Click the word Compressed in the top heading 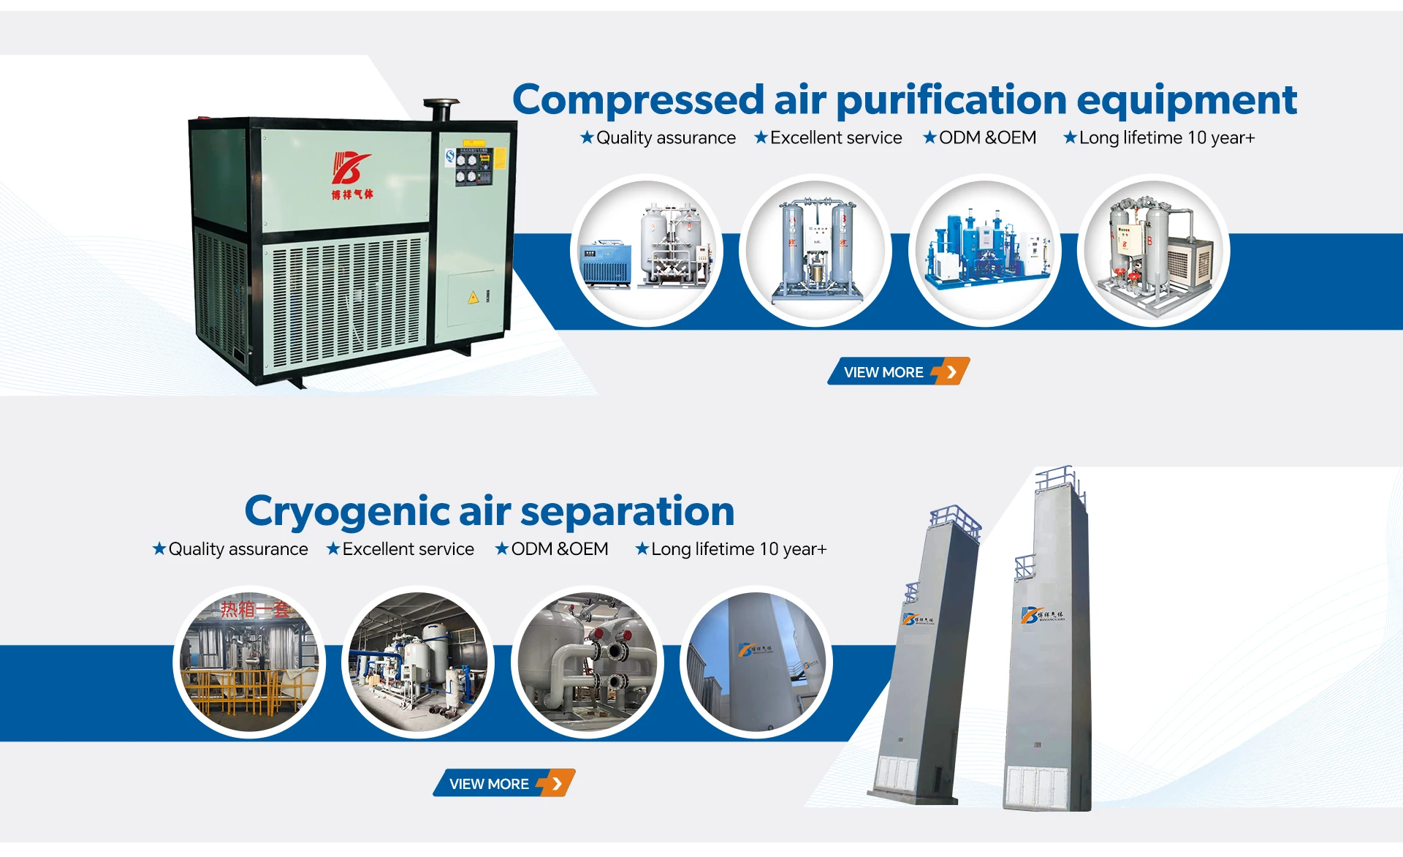click(638, 100)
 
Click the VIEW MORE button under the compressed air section click(898, 371)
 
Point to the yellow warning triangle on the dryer click(474, 297)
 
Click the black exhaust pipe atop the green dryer click(441, 109)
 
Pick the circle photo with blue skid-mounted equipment click(985, 251)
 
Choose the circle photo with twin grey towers click(815, 251)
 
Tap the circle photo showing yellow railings click(249, 662)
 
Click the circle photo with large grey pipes click(588, 662)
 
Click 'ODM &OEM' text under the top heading click(987, 137)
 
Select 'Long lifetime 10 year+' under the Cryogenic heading click(739, 549)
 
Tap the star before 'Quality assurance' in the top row click(587, 137)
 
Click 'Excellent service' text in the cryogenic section click(408, 549)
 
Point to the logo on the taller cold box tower click(1043, 615)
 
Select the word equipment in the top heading click(1187, 100)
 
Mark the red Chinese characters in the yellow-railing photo click(255, 609)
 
